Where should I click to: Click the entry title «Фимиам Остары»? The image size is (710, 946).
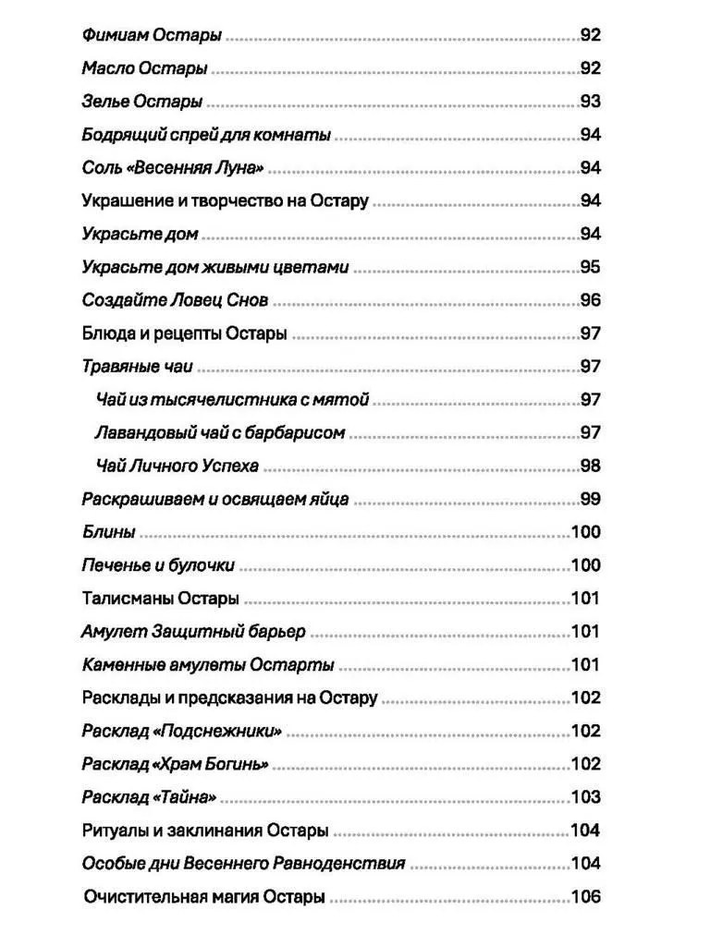click(x=152, y=36)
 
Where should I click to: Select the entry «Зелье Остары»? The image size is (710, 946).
click(x=141, y=102)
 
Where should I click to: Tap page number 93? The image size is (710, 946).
click(x=590, y=102)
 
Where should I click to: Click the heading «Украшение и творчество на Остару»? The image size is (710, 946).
click(x=225, y=201)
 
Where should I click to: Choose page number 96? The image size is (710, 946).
click(x=590, y=300)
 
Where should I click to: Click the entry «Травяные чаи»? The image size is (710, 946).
click(x=137, y=367)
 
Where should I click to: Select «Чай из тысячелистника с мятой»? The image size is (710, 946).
click(x=232, y=400)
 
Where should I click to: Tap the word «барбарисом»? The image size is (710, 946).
click(x=299, y=433)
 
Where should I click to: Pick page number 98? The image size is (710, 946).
click(x=590, y=466)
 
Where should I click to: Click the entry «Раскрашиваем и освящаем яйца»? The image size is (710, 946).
click(x=214, y=499)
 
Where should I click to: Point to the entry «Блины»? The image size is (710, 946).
click(x=108, y=532)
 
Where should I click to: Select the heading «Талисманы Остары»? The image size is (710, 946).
click(x=160, y=598)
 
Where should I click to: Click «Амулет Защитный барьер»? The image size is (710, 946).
click(x=193, y=632)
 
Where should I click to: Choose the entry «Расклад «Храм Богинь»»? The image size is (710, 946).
click(x=176, y=765)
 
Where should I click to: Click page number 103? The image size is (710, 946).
click(x=586, y=797)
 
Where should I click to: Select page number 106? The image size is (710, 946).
click(x=586, y=897)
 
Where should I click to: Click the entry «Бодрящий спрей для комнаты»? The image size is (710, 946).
click(x=206, y=135)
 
